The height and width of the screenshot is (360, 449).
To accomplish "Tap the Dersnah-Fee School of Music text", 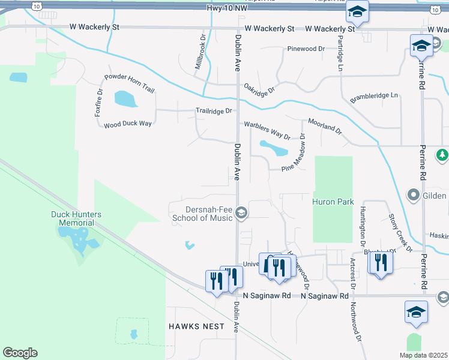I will click(x=202, y=214).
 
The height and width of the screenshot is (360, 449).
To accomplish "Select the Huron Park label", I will click(x=333, y=203).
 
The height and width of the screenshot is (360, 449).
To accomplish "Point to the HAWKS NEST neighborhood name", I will click(x=196, y=326).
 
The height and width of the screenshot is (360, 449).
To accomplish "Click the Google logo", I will click(x=20, y=353).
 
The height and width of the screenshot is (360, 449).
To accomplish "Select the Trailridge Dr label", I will click(x=214, y=111).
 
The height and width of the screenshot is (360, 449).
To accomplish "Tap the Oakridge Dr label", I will click(x=259, y=89).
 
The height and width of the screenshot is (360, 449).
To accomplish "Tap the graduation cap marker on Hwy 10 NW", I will click(x=357, y=12).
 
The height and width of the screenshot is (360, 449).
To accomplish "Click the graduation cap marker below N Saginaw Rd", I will click(x=416, y=313).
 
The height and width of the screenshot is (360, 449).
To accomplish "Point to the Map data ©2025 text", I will click(x=423, y=355).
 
